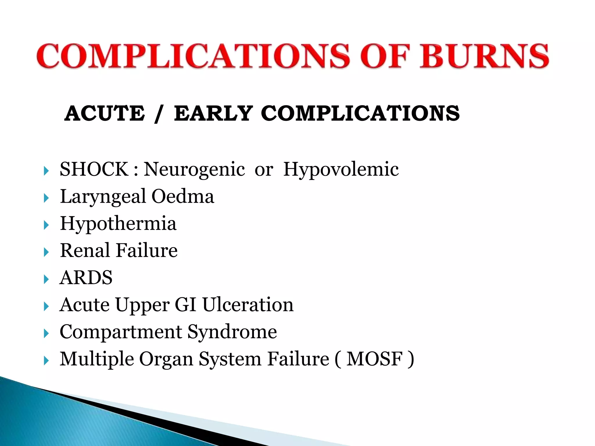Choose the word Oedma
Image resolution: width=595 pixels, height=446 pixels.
183,196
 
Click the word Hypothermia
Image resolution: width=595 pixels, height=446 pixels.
118,224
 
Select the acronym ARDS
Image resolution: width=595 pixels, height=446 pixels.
86,278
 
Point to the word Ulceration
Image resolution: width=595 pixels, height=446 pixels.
248,305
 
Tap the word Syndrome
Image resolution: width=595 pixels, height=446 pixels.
232,332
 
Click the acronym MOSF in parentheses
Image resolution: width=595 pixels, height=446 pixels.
374,359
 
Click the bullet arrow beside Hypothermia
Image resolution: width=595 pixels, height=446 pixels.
46,225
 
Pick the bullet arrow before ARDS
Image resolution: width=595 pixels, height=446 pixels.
46,279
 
